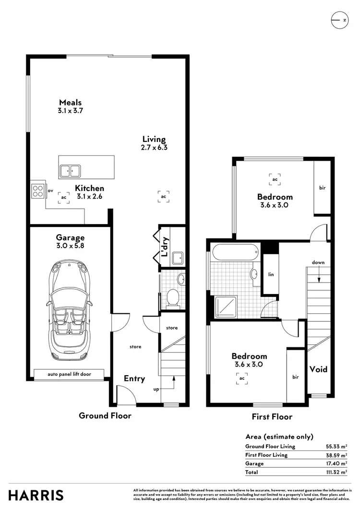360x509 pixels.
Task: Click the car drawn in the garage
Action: pos(70,310)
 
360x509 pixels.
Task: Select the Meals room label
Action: pos(70,102)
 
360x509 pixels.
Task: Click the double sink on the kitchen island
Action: pos(70,170)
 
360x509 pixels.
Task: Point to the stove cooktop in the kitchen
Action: pos(37,191)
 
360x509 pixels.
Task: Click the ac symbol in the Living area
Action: pos(163,196)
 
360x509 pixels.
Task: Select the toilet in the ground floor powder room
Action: pos(172,298)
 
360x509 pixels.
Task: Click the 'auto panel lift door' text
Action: pos(69,374)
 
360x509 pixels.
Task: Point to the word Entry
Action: pos(134,379)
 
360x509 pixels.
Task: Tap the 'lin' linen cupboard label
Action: pos(271,274)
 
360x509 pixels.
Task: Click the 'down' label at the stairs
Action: pos(318,262)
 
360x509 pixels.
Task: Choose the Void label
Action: pos(318,369)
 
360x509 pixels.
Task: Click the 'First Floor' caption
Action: pos(272,417)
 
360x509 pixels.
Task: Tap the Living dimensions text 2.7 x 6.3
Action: pos(154,147)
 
